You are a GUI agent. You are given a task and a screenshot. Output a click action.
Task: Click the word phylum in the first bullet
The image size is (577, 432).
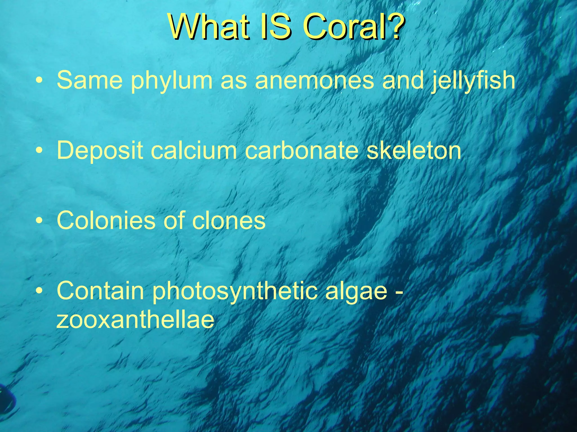point(172,81)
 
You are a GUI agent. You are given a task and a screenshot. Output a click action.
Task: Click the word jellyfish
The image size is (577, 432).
point(473,81)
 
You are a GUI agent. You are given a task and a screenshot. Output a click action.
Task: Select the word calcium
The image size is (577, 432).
point(194,150)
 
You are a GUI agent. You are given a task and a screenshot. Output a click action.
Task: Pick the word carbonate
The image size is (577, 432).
point(301,150)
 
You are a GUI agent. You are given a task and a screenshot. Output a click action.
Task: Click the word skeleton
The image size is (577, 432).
point(414,150)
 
